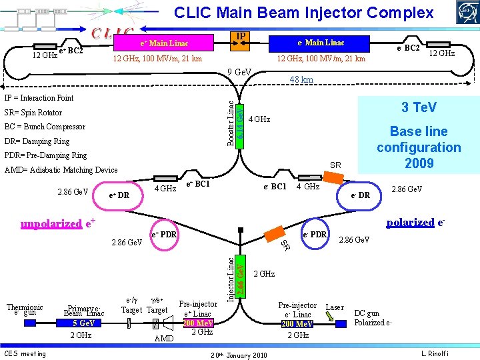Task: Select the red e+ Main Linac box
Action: (164, 43)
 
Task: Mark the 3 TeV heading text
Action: (419, 107)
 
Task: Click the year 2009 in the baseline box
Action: (419, 163)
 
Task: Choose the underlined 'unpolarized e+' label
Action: (57, 223)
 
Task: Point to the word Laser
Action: (334, 307)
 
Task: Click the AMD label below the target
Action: (163, 339)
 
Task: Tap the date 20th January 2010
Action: (238, 355)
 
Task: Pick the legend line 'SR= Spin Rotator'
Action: (33, 112)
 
